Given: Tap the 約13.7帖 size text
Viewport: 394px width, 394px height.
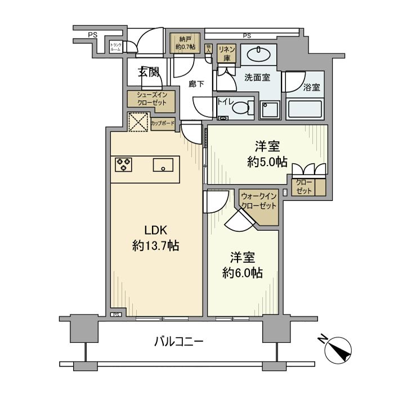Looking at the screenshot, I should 156,245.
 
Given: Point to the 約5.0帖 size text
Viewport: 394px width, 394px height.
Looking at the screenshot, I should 267,162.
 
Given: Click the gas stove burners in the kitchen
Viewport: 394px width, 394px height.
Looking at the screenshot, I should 123,164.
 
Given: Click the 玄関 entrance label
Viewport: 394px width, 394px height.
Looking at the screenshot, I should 149,72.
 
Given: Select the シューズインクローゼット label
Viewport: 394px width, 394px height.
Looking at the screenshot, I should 150,98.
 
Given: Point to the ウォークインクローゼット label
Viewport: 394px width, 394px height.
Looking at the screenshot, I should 258,201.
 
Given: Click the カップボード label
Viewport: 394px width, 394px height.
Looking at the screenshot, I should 163,123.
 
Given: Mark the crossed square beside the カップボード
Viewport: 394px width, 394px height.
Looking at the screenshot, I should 137,122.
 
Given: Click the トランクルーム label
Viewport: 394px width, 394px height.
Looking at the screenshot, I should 115,47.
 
